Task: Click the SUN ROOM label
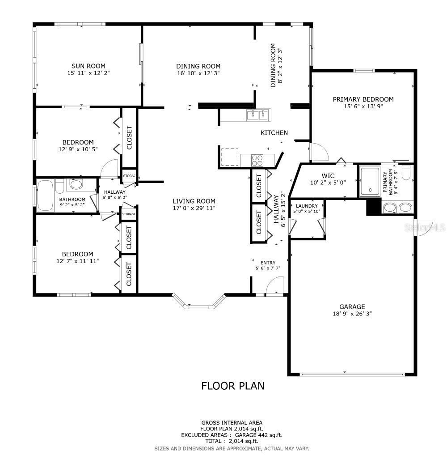89,66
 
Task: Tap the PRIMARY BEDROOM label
363,99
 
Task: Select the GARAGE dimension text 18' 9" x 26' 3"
352,314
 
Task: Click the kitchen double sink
259,115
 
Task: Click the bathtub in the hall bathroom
46,196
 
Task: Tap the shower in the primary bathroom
370,182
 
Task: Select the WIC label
328,176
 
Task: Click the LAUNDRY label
307,206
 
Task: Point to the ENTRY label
268,263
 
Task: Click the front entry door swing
274,285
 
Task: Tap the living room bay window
199,302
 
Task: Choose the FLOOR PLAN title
233,386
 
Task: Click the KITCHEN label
274,133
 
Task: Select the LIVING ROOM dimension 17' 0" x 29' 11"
194,208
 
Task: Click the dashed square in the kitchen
230,157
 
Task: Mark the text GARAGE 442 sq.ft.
258,435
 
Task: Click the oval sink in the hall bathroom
77,184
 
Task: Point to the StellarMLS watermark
425,227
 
